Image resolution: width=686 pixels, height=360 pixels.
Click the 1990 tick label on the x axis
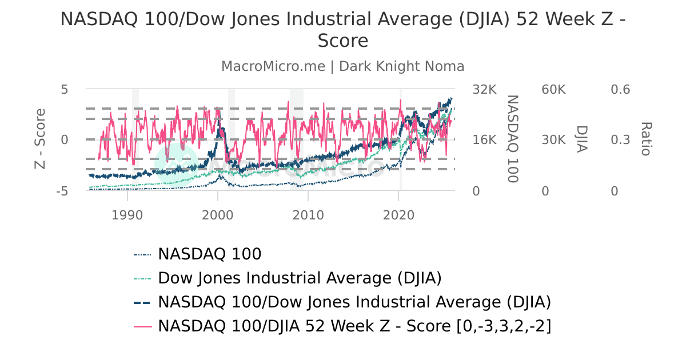127,215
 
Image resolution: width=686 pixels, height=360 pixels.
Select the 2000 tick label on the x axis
217,215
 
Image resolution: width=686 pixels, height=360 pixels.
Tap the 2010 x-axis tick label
308,215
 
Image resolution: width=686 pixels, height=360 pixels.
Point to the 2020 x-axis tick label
398,215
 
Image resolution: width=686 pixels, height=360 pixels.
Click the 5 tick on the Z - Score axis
65,90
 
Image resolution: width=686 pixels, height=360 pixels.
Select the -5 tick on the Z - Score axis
62,191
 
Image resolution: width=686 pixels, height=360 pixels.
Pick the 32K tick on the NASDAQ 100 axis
484,90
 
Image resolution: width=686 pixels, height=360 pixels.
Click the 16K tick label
484,140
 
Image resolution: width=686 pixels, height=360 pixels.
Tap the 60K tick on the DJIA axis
553,90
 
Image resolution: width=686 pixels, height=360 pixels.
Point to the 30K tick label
553,140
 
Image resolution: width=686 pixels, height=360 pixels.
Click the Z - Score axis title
40,139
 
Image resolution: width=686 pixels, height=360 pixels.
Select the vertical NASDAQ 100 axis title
513,139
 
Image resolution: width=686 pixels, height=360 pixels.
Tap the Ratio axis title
646,139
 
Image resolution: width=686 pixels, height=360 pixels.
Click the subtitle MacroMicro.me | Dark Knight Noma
342,66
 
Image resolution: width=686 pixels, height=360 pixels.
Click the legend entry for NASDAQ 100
209,254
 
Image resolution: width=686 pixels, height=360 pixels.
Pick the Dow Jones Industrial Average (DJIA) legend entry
300,278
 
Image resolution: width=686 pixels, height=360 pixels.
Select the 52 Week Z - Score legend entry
354,326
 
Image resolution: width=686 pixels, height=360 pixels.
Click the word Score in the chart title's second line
343,41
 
